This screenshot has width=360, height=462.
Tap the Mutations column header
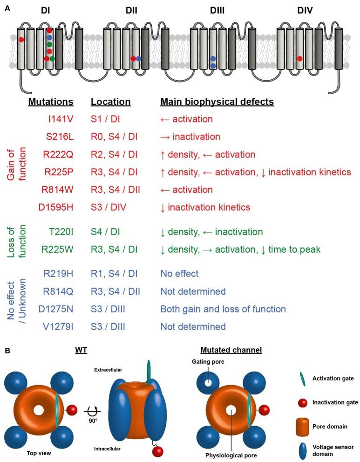click(x=51, y=102)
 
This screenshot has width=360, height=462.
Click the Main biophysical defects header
click(x=217, y=102)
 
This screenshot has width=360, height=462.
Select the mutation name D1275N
click(x=55, y=309)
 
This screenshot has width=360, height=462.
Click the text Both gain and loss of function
click(x=223, y=309)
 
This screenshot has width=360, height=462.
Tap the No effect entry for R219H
click(x=179, y=273)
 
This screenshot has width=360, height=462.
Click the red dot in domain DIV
click(x=300, y=59)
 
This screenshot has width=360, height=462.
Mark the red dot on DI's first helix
click(x=21, y=40)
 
